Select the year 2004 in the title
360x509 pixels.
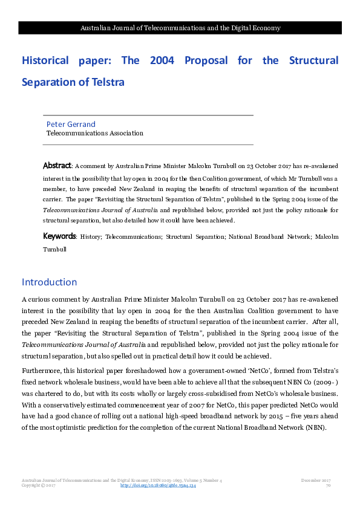tap(162, 60)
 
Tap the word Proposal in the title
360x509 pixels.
tap(206, 60)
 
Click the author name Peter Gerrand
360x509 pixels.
tap(71, 124)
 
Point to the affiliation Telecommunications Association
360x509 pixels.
tap(95, 133)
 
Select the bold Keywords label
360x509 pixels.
tap(59, 236)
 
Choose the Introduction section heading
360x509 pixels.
tap(50, 282)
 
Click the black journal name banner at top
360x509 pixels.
tap(180, 28)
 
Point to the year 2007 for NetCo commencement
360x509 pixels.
tap(162, 406)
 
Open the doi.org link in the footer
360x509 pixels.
tap(159, 485)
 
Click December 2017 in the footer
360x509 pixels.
tap(315, 480)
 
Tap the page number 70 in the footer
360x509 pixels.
tap(328, 485)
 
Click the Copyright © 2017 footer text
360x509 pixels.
tap(39, 485)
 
